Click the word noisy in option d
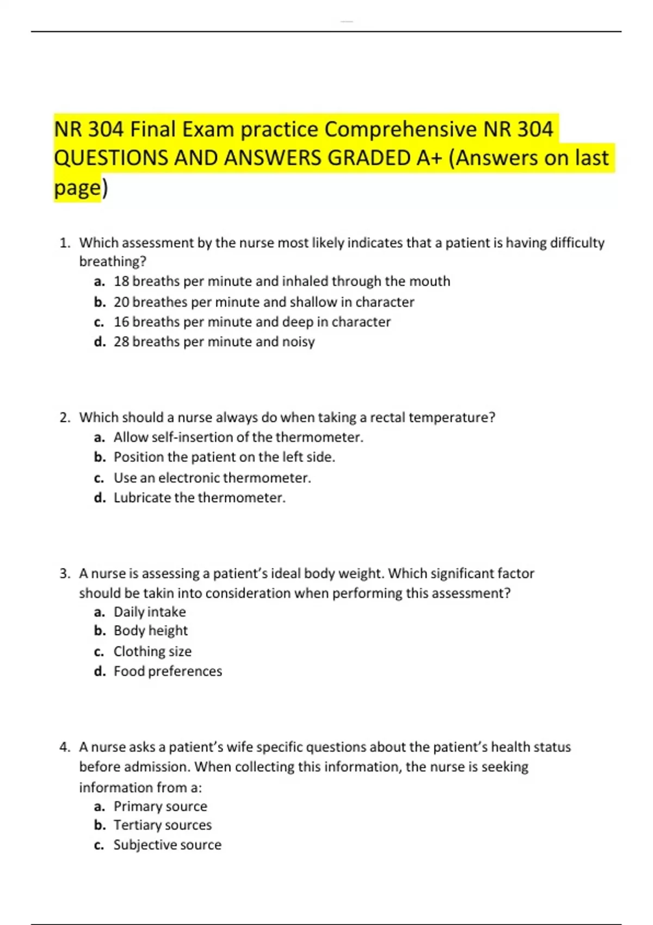pyautogui.click(x=298, y=342)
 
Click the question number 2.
pyautogui.click(x=65, y=417)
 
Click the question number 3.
pyautogui.click(x=65, y=573)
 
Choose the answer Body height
pyautogui.click(x=150, y=631)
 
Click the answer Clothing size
pyautogui.click(x=152, y=651)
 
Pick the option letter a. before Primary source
pyautogui.click(x=99, y=806)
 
